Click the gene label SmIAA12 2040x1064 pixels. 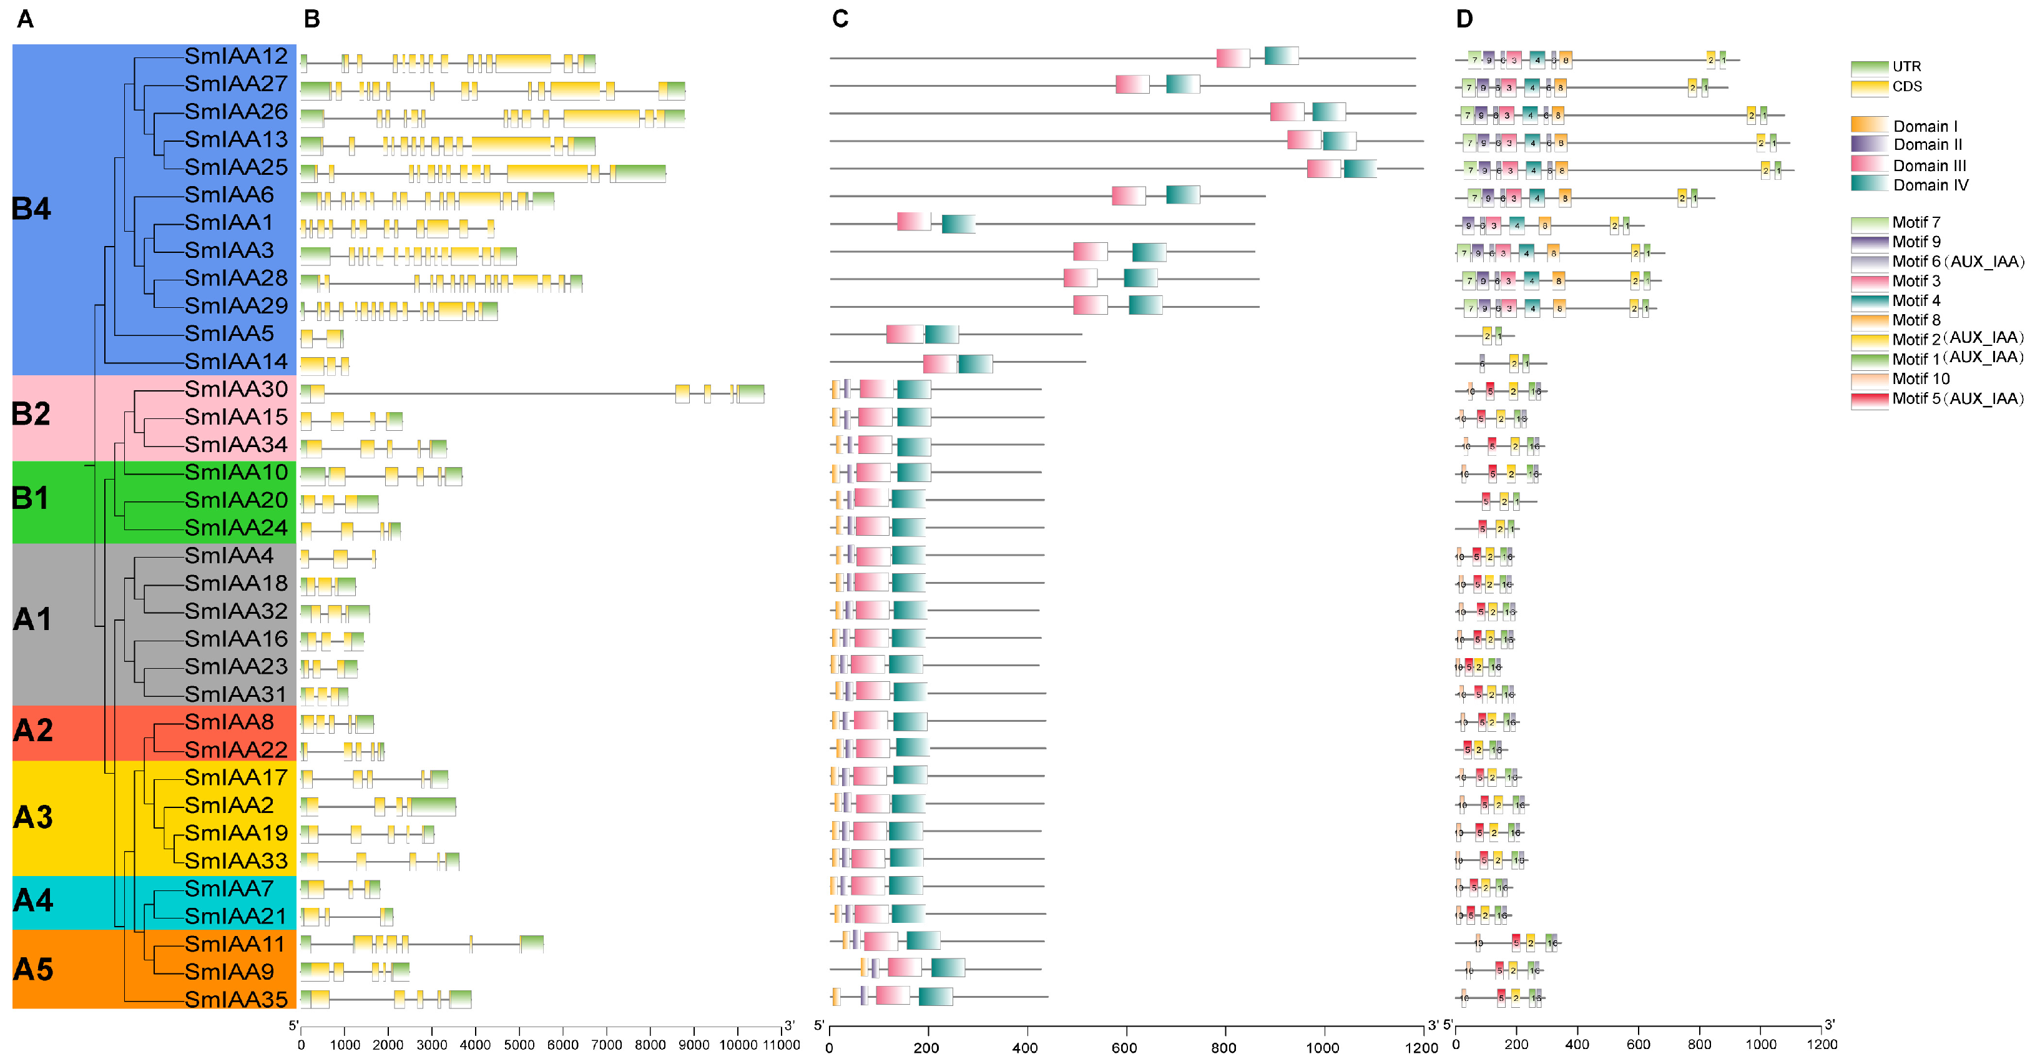[x=236, y=56]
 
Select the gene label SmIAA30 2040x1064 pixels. [x=236, y=389]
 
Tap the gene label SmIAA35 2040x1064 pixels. [x=236, y=999]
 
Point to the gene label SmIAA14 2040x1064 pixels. [x=236, y=362]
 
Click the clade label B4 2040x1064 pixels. [x=32, y=209]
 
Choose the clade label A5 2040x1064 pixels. [x=32, y=969]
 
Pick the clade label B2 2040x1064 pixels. [x=32, y=413]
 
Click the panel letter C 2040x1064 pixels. [x=840, y=19]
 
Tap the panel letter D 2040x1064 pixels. [x=1464, y=19]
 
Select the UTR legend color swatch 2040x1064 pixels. [x=1869, y=67]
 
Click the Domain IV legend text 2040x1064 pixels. [x=1930, y=185]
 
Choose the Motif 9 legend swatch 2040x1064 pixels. [x=1869, y=242]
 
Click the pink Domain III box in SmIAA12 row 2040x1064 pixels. [x=1233, y=58]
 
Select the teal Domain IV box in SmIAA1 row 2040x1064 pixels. [x=958, y=224]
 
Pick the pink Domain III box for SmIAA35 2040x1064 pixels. [x=893, y=996]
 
